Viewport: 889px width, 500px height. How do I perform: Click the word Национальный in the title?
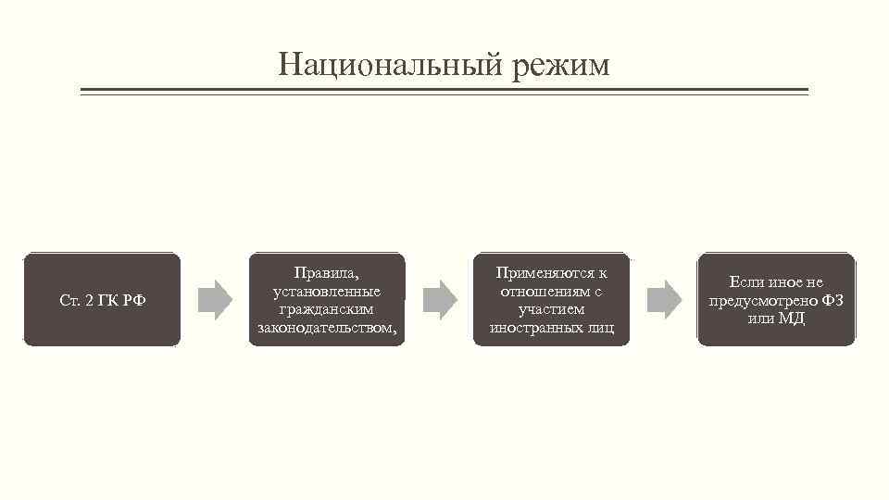point(382,65)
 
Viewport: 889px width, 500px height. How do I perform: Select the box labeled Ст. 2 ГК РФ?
point(102,300)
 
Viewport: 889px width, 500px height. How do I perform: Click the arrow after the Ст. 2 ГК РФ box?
point(216,299)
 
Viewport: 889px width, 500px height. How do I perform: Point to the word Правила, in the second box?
point(326,273)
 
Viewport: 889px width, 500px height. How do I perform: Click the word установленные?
point(326,291)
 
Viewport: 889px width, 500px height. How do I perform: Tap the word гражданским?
point(326,309)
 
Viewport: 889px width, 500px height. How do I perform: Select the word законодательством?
point(326,328)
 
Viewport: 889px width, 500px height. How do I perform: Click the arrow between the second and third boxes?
point(440,299)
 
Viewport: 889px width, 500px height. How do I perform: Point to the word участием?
point(551,309)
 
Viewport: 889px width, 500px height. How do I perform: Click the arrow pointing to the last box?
point(664,299)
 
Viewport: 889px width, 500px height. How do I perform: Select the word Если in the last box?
point(745,282)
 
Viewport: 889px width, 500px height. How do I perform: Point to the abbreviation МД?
point(793,319)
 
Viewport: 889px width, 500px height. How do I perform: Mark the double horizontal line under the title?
point(444,92)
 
